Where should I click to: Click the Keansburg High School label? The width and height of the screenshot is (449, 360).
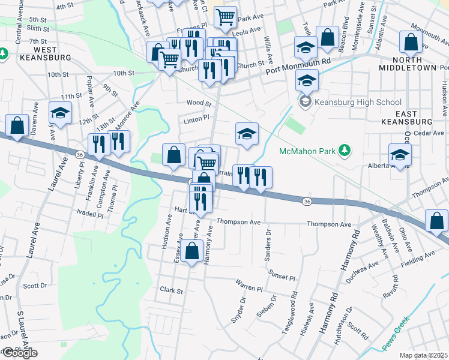coord(358,102)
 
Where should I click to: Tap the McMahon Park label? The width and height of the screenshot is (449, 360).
coord(307,152)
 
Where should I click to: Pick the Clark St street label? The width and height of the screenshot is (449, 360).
coord(171,290)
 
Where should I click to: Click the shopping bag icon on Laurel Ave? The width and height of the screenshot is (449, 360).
coord(17,126)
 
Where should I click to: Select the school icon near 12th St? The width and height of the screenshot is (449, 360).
coord(60,113)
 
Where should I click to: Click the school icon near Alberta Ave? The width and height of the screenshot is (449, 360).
coord(400,154)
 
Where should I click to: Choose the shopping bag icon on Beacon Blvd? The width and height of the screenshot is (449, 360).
coord(328,37)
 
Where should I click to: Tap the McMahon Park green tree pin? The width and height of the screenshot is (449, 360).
coord(345,149)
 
